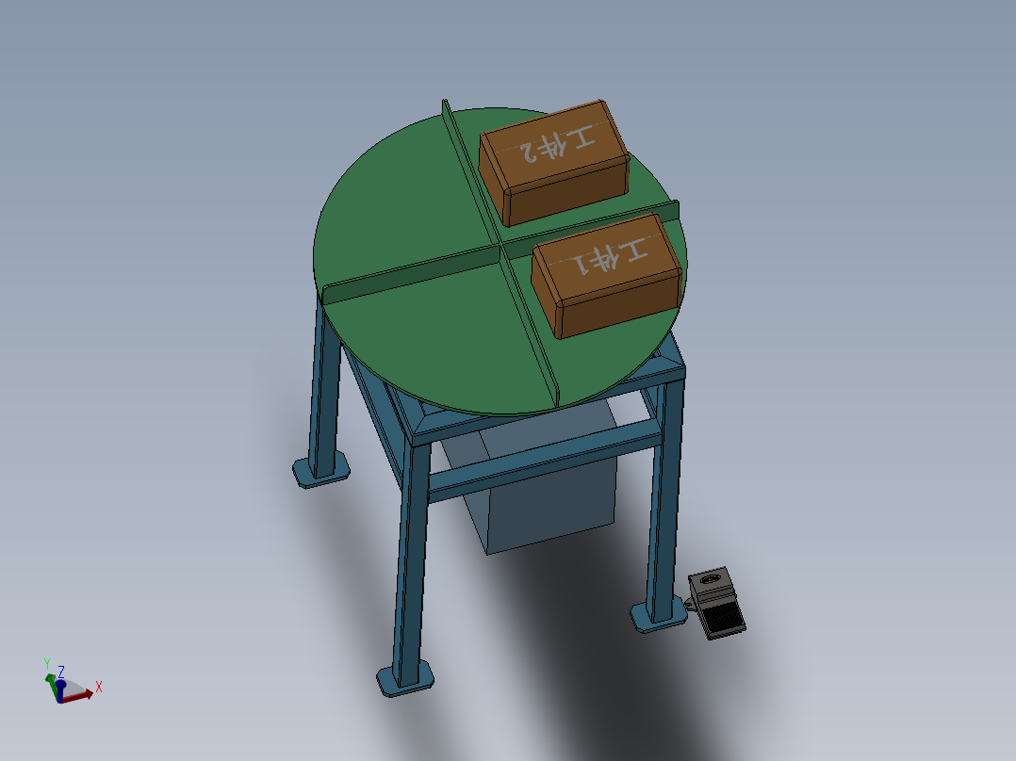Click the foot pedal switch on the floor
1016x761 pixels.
[x=717, y=604]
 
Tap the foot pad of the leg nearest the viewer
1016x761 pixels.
[x=406, y=678]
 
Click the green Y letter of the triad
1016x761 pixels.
[x=47, y=664]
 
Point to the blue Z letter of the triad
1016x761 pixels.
[x=61, y=672]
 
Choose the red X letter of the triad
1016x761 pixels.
[x=98, y=687]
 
